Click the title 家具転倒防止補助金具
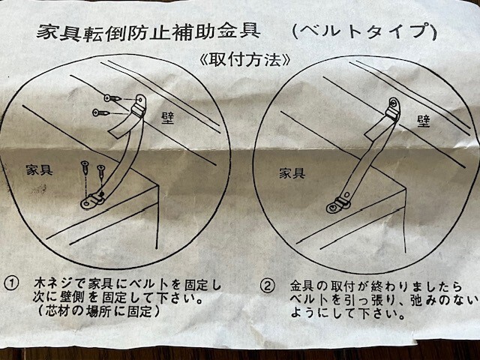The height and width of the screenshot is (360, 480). tap(148, 32)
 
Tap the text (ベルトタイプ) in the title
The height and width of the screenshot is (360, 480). tap(364, 31)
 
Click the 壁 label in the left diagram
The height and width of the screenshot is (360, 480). tap(167, 118)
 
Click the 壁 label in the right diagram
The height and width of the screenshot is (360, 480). tap(423, 121)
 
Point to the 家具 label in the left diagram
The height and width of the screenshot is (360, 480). tap(39, 170)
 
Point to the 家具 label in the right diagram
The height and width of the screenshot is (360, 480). tap(292, 173)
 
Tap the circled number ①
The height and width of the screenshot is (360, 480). tap(11, 283)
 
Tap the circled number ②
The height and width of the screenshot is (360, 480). tap(267, 286)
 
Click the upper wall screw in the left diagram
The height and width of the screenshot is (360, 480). tap(113, 98)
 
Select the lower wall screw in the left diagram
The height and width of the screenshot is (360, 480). tap(101, 112)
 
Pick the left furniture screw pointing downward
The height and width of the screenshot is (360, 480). tap(85, 169)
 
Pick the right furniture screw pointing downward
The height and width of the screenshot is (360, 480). tap(101, 172)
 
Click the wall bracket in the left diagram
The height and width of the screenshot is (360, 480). tap(139, 106)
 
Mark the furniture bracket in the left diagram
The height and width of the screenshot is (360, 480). tap(92, 200)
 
